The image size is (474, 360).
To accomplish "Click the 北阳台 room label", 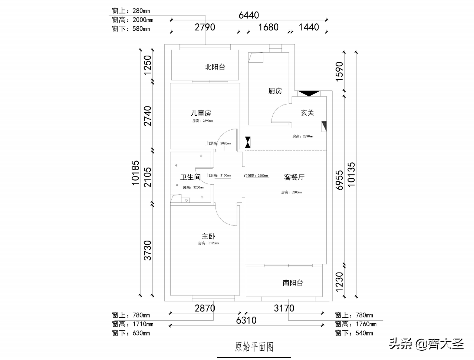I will (215, 67).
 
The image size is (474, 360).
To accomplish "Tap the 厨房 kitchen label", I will (275, 91).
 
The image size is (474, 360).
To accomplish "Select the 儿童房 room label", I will (201, 113).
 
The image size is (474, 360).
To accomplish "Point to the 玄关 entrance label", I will (307, 113).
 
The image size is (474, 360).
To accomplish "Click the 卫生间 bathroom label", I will (190, 177).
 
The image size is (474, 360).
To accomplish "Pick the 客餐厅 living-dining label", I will (294, 177).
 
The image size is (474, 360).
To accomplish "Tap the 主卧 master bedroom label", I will (208, 236).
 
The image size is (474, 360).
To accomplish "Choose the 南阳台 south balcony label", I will (293, 283).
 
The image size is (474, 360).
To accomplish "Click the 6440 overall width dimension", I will (248, 15).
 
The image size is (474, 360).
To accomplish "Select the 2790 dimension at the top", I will (205, 27).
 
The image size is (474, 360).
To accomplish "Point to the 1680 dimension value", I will (268, 27).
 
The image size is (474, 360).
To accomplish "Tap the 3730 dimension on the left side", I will (148, 250).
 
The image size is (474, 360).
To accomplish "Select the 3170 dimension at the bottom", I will (284, 308).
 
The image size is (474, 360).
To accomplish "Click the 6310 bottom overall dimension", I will (246, 320).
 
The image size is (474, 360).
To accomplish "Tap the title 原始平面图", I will (254, 347).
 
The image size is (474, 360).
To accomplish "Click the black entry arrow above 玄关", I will (308, 93).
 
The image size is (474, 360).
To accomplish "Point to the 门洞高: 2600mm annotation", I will (256, 176).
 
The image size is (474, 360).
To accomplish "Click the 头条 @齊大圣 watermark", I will (426, 344).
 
